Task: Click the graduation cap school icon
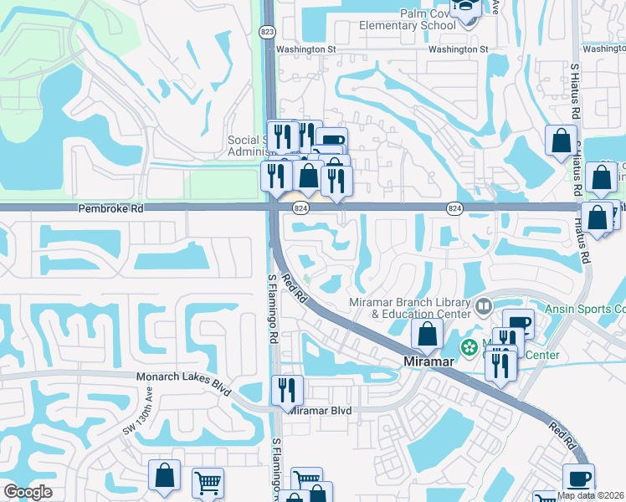(464, 8)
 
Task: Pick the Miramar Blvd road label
(321, 411)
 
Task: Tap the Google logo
(28, 492)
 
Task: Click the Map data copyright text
(591, 495)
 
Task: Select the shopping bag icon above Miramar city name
(427, 333)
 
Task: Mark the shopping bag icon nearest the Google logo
(164, 474)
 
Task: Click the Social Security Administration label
(247, 146)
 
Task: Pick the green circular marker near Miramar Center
(469, 346)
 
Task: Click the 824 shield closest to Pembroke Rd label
(300, 207)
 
